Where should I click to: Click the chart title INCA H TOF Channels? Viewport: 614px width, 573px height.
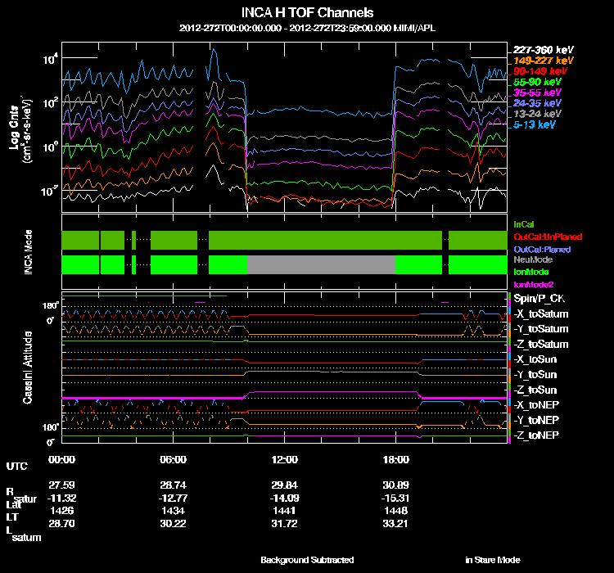[x=308, y=12]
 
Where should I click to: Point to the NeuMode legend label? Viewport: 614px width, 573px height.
[x=531, y=259]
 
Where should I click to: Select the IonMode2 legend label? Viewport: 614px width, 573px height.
[x=533, y=283]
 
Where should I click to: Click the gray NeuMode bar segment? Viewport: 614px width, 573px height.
[x=321, y=264]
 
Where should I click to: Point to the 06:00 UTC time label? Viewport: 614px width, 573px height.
[x=174, y=460]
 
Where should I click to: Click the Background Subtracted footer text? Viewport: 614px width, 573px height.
[x=307, y=560]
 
